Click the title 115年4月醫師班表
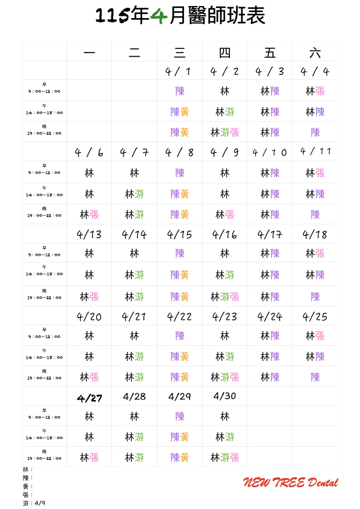(x=180, y=16)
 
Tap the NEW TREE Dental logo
(x=290, y=482)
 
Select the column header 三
(x=180, y=53)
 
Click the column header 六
(x=315, y=53)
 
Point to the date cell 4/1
(x=179, y=71)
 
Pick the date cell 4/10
(x=270, y=152)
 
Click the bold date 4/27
(x=90, y=398)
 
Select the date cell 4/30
(x=225, y=397)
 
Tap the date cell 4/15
(x=179, y=234)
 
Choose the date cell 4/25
(x=315, y=316)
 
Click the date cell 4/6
(x=90, y=152)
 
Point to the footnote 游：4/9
(x=34, y=503)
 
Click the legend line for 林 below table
(x=27, y=469)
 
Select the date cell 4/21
(x=134, y=316)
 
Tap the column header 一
(x=90, y=53)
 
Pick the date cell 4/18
(x=315, y=234)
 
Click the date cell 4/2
(x=225, y=71)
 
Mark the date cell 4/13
(x=90, y=234)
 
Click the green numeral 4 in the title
(x=159, y=16)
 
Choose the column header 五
(x=270, y=53)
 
